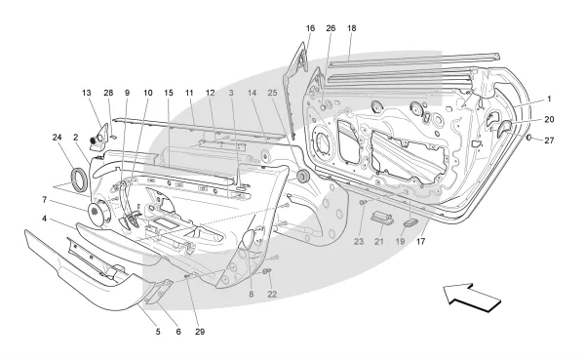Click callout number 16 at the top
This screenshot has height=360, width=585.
pos(310,28)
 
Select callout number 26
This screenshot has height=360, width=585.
pos(331,28)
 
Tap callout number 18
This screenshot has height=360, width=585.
pos(351,28)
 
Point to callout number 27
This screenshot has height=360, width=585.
pos(549,140)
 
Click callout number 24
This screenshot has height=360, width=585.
pos(57,138)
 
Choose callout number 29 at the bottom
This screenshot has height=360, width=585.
pos(200,332)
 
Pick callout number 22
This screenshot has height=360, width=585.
pos(272,295)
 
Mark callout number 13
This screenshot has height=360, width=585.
pos(87,93)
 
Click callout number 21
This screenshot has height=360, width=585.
pos(379,242)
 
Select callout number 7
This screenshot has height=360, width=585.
pos(45,200)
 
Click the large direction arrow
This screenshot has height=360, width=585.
pos(472,298)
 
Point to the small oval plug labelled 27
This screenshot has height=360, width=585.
pos(529,138)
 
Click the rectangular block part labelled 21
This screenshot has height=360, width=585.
pos(381,218)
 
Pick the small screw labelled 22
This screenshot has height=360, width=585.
pos(267,270)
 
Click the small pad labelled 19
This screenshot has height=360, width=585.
pos(410,222)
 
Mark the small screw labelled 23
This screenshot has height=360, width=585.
pos(363,202)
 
